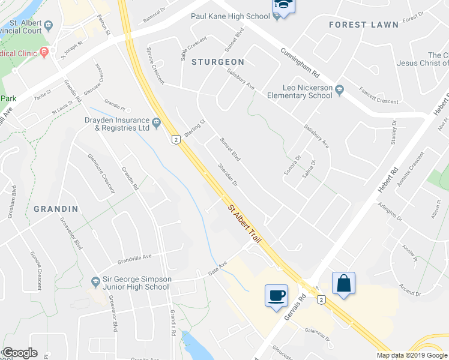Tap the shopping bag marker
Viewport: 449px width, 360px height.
point(343,283)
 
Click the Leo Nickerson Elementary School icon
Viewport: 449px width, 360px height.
point(340,89)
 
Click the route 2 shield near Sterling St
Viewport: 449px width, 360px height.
point(175,139)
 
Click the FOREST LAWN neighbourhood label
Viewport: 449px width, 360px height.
point(364,25)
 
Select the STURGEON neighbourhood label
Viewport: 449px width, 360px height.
point(218,62)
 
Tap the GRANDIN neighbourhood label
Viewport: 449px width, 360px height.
point(56,209)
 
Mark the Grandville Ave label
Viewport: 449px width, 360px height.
point(135,263)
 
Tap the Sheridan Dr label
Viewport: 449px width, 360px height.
point(228,175)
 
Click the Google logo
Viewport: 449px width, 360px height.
point(20,353)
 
